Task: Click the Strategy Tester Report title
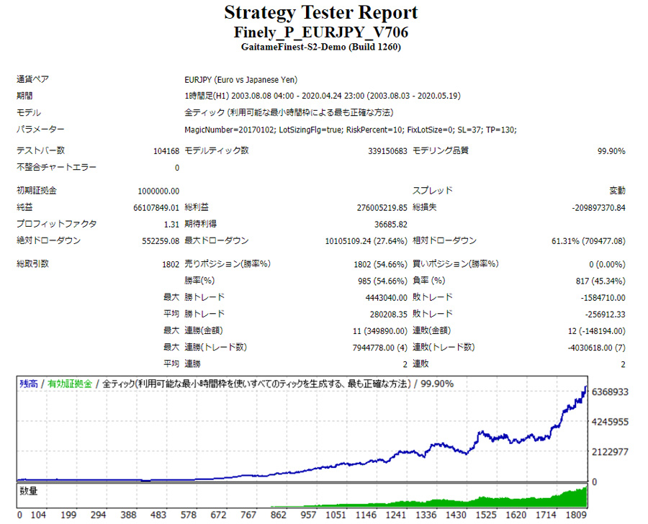click(x=320, y=13)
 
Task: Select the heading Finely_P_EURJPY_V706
click(x=320, y=32)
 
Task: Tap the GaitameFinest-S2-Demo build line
click(x=320, y=47)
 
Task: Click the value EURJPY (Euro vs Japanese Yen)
click(x=241, y=80)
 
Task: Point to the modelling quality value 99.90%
click(x=611, y=151)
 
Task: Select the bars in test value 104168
click(x=161, y=151)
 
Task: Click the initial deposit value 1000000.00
click(x=158, y=191)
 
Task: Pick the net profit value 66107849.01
click(x=156, y=207)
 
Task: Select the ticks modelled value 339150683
click(x=382, y=151)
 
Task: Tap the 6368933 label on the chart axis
click(x=611, y=392)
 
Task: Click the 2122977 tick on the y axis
click(x=611, y=451)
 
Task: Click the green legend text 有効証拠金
click(x=70, y=384)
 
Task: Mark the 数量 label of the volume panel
click(x=29, y=491)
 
